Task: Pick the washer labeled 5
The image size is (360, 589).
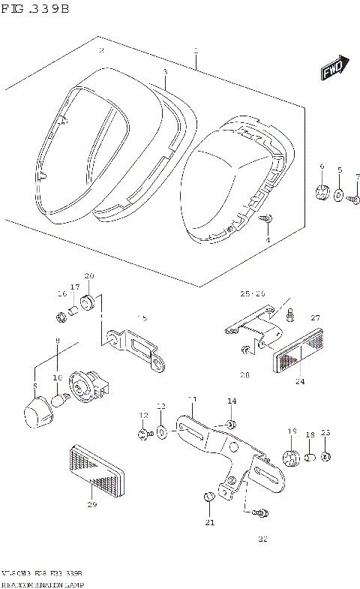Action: (339, 196)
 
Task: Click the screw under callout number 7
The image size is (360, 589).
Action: (354, 198)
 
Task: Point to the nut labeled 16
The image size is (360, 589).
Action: (62, 314)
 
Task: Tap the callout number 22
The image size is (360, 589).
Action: (262, 538)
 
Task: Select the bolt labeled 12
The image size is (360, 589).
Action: (143, 433)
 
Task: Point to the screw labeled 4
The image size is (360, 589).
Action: (268, 219)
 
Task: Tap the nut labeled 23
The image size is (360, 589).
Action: (325, 457)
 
